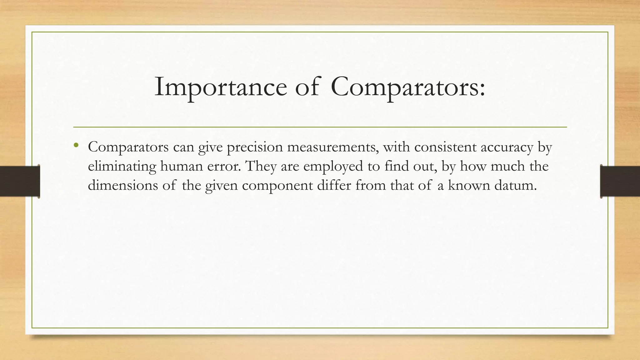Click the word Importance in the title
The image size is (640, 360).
click(221, 87)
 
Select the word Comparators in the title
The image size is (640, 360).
click(408, 87)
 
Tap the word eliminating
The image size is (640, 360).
click(122, 166)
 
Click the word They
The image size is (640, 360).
click(261, 166)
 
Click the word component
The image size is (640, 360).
click(277, 186)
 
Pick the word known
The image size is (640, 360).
click(469, 185)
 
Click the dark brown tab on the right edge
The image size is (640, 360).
click(620, 181)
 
